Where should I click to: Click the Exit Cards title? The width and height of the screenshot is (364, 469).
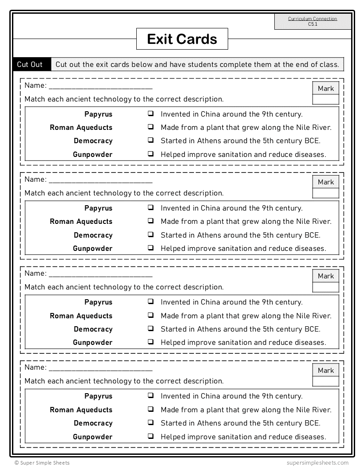point(182,39)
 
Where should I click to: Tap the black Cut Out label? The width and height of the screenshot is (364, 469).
point(30,64)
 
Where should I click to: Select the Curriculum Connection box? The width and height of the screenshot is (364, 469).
point(313,21)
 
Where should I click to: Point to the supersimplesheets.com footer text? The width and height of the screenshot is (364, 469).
point(317,463)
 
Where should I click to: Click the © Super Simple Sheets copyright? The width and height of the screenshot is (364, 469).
point(42,463)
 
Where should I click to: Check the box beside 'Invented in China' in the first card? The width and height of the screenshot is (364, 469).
point(151,114)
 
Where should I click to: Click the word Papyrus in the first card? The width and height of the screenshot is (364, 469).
point(98,114)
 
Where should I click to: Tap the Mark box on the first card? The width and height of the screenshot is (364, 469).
point(325,93)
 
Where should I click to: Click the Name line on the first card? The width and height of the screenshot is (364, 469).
point(100,86)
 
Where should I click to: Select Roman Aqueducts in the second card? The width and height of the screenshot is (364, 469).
point(81,222)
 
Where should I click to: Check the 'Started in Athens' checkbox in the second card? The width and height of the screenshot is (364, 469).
point(151,234)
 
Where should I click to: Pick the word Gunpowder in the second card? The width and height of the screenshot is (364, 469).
point(92,249)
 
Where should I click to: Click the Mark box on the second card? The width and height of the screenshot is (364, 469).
point(325,187)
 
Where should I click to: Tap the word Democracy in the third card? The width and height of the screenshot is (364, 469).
point(93,329)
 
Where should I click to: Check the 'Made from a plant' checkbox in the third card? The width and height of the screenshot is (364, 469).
point(151,315)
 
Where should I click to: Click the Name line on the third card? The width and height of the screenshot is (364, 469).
point(100,274)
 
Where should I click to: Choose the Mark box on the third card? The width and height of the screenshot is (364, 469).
point(325,281)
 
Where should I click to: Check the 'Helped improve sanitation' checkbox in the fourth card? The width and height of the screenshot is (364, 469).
point(151,436)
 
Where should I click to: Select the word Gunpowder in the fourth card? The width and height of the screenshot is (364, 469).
point(92,437)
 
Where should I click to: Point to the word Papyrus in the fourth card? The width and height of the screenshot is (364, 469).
point(98,396)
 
